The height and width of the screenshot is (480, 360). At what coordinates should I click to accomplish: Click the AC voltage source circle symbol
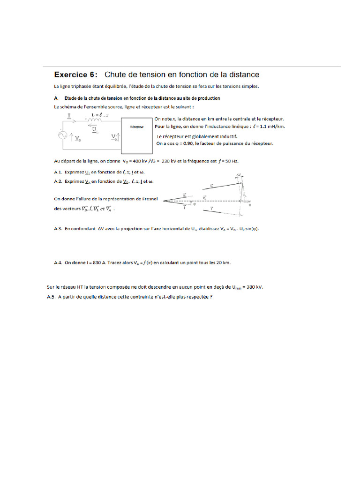[x=62, y=135]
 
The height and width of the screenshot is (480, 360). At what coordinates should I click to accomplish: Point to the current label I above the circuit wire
[x=69, y=115]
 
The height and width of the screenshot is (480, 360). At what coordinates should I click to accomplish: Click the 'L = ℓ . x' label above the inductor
[x=100, y=114]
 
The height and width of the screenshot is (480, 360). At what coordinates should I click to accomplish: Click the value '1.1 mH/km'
[x=272, y=127]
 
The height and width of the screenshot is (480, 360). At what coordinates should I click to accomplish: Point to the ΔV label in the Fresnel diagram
[x=239, y=174]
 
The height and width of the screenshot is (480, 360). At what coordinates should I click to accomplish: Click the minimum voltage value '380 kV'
[x=260, y=287]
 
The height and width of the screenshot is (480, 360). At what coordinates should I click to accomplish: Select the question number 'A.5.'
[x=51, y=297]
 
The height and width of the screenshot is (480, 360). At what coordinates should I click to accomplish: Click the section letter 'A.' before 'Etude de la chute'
[x=56, y=98]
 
